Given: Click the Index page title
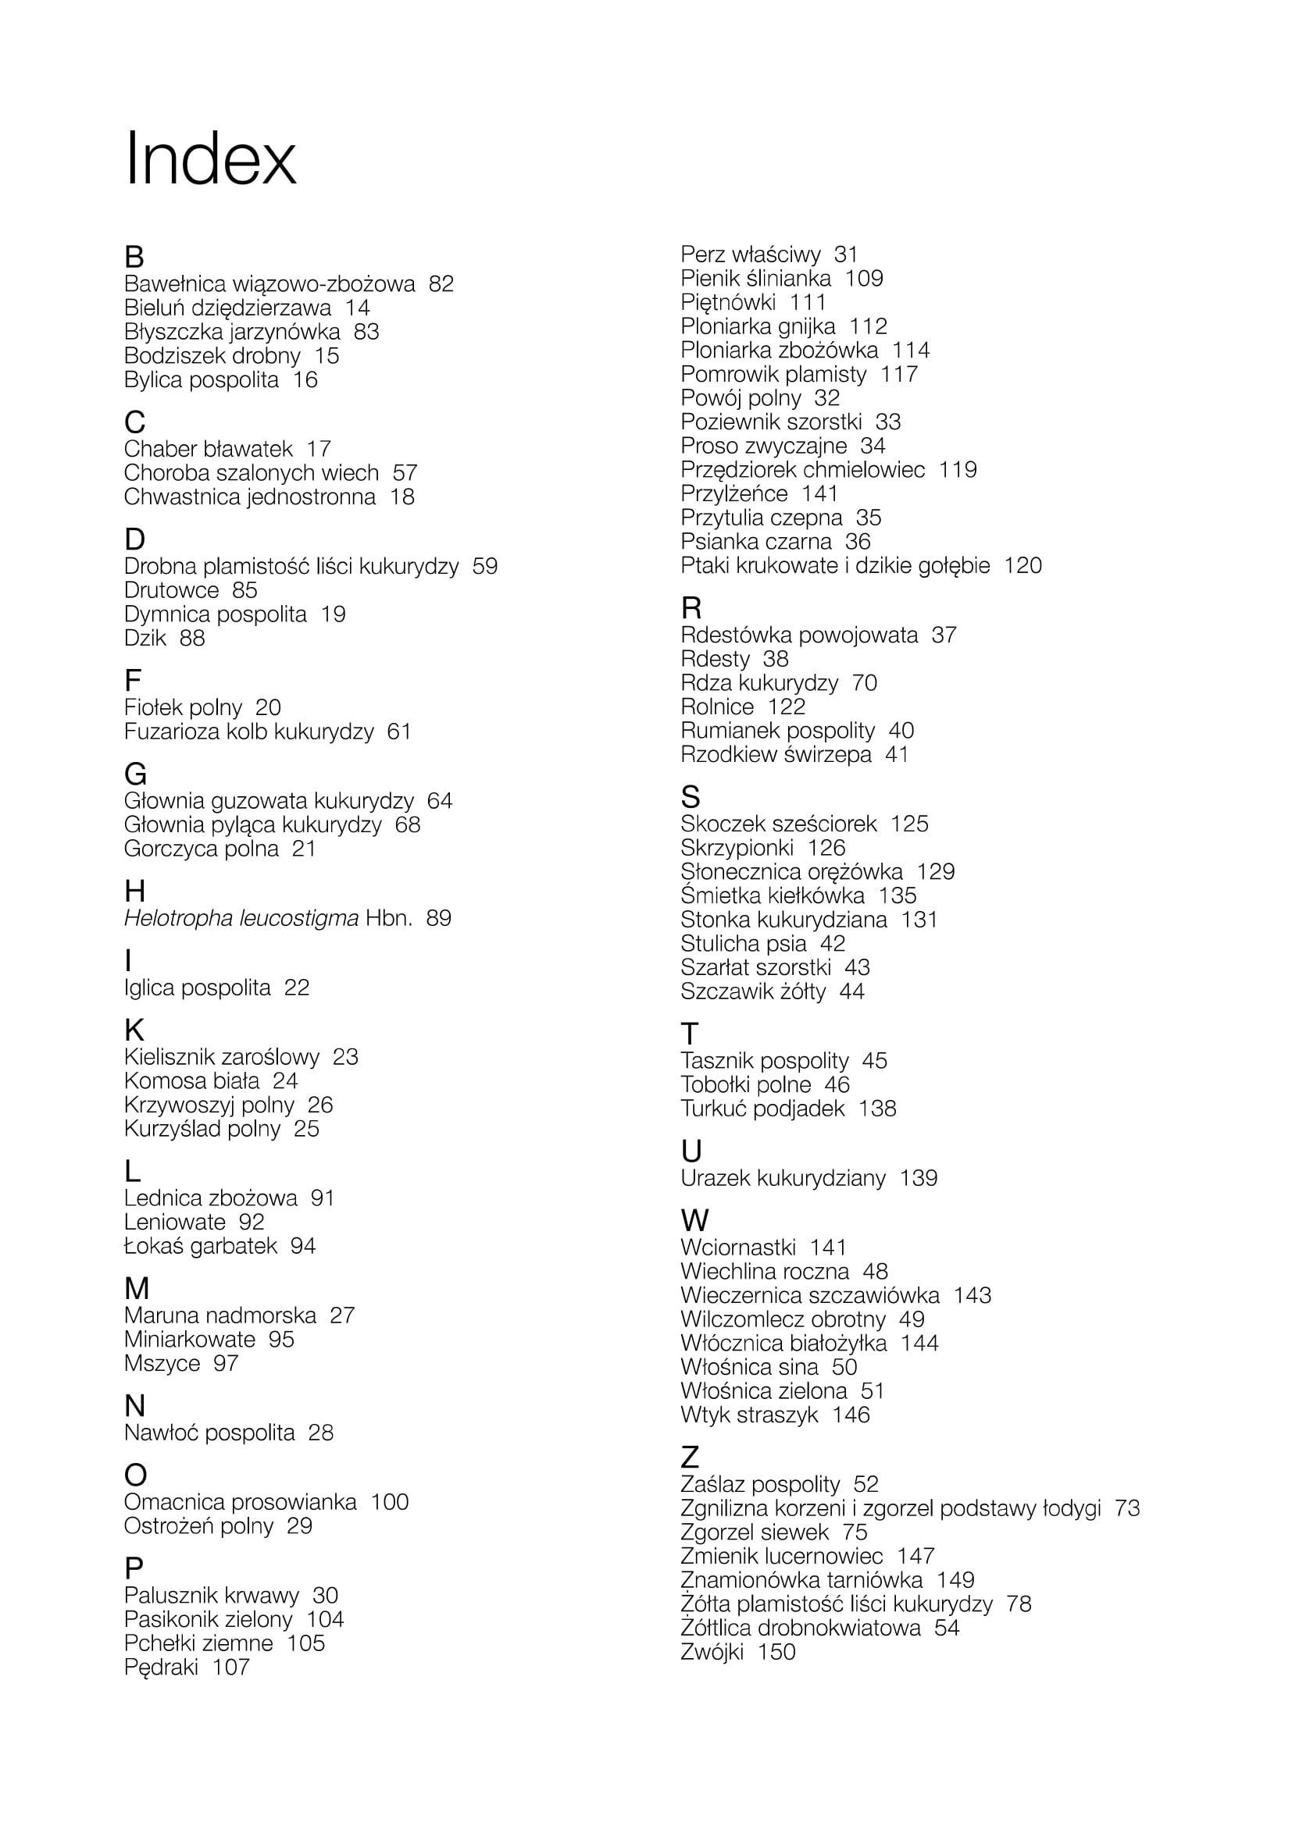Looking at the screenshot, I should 210,159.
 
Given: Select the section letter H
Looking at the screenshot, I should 134,891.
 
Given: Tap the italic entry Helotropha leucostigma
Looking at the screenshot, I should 241,919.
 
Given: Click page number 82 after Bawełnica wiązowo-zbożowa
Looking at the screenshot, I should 441,284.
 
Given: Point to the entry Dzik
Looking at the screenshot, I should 145,638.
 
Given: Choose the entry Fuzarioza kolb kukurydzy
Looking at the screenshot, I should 248,731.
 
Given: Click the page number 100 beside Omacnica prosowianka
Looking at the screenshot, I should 390,1502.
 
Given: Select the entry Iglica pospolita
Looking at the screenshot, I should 197,988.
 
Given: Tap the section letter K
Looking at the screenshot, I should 134,1030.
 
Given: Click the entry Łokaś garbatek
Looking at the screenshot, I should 201,1246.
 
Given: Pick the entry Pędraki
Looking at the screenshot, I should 161,1667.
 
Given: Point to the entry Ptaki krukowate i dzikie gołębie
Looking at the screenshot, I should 834,565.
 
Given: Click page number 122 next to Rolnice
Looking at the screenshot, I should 786,707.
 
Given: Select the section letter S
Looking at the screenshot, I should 690,797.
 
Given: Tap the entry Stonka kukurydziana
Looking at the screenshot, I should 783,920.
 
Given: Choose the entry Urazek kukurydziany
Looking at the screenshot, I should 783,1178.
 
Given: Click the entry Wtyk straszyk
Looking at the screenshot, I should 748,1415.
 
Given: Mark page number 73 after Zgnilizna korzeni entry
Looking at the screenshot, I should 1126,1509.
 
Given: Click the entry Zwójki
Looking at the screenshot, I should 712,1652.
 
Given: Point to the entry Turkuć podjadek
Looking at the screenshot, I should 762,1109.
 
